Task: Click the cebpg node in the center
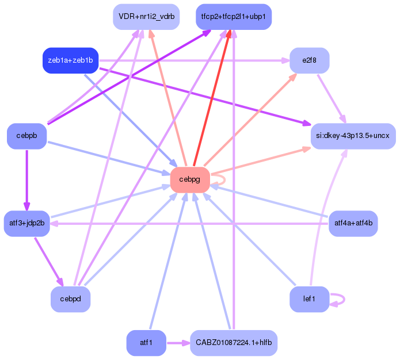tap(189, 179)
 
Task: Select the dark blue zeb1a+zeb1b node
tap(71, 60)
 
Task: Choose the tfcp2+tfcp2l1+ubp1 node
tap(233, 17)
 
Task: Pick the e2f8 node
tap(309, 60)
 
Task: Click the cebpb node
tap(26, 136)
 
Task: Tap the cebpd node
tap(70, 299)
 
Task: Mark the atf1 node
tap(146, 343)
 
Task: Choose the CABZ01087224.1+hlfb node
tap(233, 343)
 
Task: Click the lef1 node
tap(309, 299)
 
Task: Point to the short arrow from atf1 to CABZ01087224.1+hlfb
tap(177, 343)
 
